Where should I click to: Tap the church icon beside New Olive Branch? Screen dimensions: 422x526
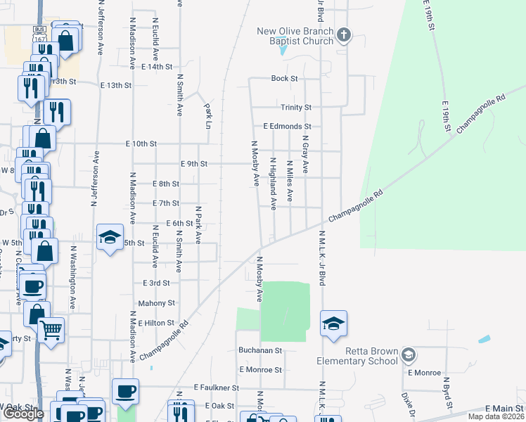point(344,35)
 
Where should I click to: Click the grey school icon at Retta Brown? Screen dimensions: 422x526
point(409,356)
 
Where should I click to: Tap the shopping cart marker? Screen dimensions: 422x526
point(51,329)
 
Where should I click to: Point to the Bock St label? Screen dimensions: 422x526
point(285,79)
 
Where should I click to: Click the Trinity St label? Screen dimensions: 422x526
point(296,108)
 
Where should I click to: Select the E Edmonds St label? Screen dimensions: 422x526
point(287,127)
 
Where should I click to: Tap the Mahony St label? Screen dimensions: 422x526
point(157,303)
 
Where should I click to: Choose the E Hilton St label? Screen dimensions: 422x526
point(155,323)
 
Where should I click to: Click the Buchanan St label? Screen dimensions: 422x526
point(259,350)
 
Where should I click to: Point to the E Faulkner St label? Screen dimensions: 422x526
point(217,388)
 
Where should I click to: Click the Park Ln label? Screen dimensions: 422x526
point(208,113)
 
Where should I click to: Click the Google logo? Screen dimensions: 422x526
point(23,414)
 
